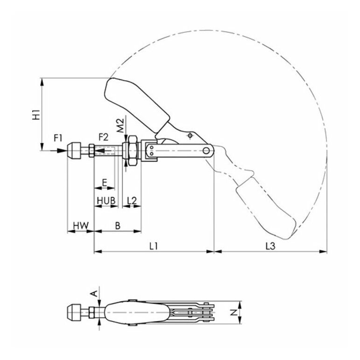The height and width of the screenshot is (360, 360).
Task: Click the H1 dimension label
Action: pyautogui.click(x=36, y=115)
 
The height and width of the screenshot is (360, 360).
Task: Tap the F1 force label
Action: pyautogui.click(x=58, y=138)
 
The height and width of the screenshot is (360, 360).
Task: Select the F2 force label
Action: pyautogui.click(x=104, y=137)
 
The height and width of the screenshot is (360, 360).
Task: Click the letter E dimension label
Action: pyautogui.click(x=104, y=183)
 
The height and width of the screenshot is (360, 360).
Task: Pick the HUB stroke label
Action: pyautogui.click(x=106, y=201)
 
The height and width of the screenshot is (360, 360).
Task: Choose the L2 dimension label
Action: pyautogui.click(x=132, y=201)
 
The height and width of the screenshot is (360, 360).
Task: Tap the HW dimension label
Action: pyautogui.click(x=81, y=226)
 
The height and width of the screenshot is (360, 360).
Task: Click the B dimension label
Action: pyautogui.click(x=118, y=226)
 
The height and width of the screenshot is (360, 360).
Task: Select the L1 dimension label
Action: pyautogui.click(x=153, y=246)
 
